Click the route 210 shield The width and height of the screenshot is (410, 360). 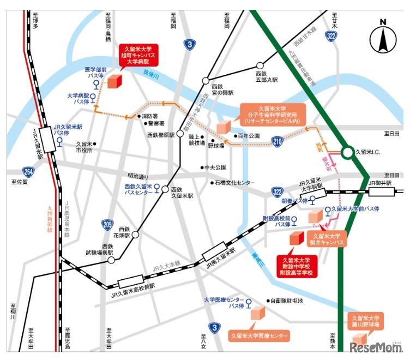[278, 143]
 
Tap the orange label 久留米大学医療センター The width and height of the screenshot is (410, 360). [259, 335]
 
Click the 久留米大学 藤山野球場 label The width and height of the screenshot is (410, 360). [368, 321]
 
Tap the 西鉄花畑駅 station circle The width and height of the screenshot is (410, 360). [135, 235]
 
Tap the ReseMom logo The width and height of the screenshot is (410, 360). [377, 347]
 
